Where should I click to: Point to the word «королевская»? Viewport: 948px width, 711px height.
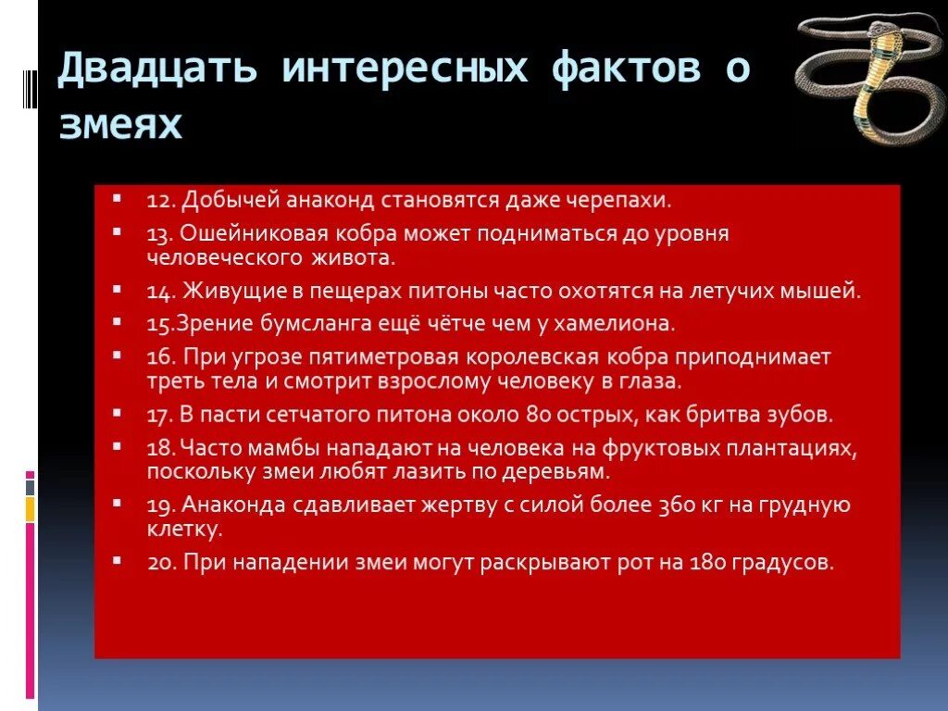point(537,356)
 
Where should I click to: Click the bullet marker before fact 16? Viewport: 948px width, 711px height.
point(118,355)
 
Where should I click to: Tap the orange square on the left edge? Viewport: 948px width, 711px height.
point(30,508)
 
